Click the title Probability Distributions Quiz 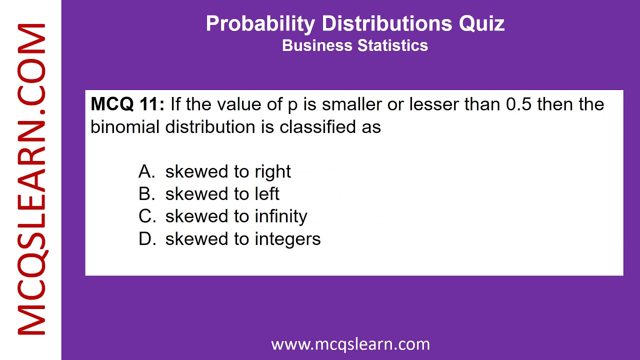pyautogui.click(x=355, y=23)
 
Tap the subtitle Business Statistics pyautogui.click(x=355, y=45)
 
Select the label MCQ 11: pyautogui.click(x=127, y=104)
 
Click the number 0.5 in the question pyautogui.click(x=518, y=104)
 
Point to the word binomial pyautogui.click(x=124, y=127)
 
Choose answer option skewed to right pyautogui.click(x=227, y=171)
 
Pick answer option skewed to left pyautogui.click(x=222, y=194)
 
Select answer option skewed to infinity pyautogui.click(x=236, y=216)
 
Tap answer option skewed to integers pyautogui.click(x=242, y=239)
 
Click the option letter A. pyautogui.click(x=146, y=171)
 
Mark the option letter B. pyautogui.click(x=146, y=194)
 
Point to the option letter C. pyautogui.click(x=147, y=216)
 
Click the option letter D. pyautogui.click(x=147, y=239)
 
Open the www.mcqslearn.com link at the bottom pyautogui.click(x=350, y=344)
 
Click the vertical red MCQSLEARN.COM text pyautogui.click(x=31, y=180)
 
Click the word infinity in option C pyautogui.click(x=281, y=216)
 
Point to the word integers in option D pyautogui.click(x=287, y=239)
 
